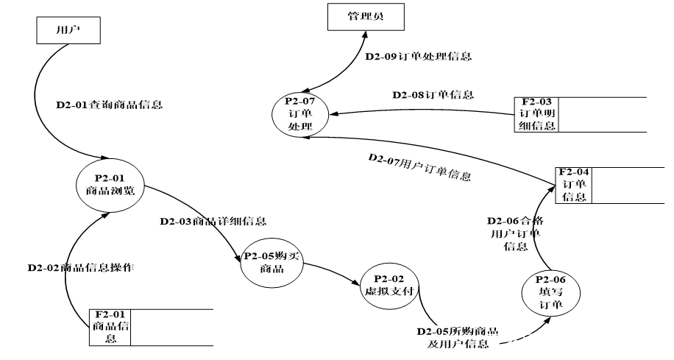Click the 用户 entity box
(68, 30)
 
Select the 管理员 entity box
(365, 16)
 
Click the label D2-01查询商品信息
(109, 105)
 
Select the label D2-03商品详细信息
(213, 221)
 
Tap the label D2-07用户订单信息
(419, 169)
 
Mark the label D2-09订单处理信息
(418, 56)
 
